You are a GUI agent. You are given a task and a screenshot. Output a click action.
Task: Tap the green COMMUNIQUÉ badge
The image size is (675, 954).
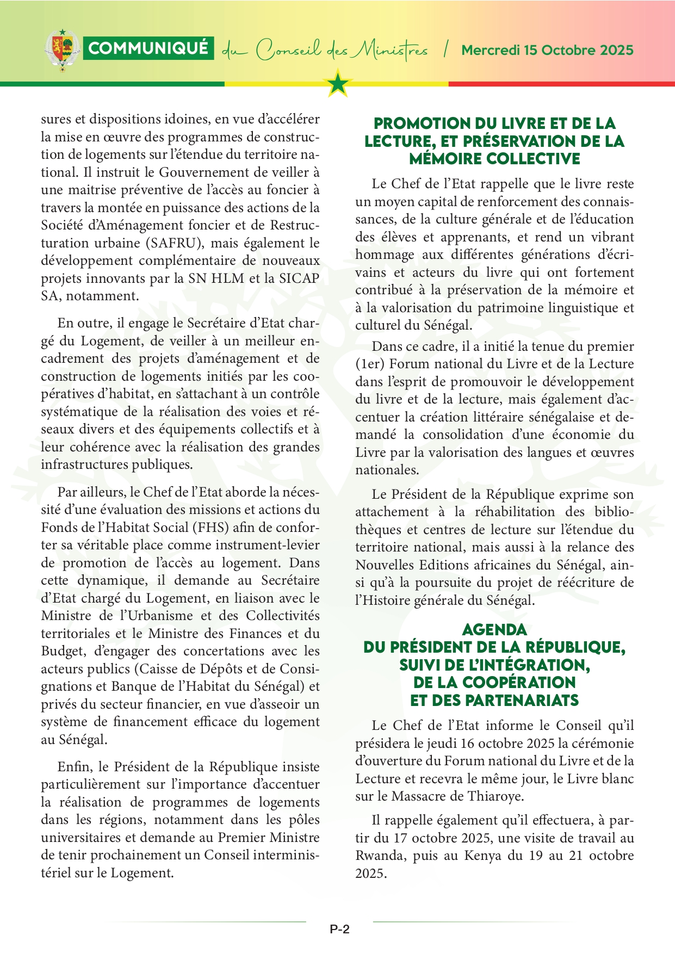pyautogui.click(x=148, y=48)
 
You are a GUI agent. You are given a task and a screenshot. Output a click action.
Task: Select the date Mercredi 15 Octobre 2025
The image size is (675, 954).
pyautogui.click(x=547, y=50)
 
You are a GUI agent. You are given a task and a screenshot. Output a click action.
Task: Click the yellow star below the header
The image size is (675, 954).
pyautogui.click(x=338, y=84)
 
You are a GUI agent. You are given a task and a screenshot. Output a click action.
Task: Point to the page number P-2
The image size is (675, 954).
pyautogui.click(x=339, y=929)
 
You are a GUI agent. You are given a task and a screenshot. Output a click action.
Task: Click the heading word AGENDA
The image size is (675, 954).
pyautogui.click(x=494, y=630)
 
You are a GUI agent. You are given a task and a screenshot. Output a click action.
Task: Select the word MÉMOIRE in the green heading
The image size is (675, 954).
pyautogui.click(x=445, y=159)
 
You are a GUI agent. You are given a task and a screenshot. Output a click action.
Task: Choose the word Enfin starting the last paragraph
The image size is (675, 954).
pyautogui.click(x=74, y=767)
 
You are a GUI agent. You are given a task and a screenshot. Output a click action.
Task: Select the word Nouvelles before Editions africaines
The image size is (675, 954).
pyautogui.click(x=388, y=565)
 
